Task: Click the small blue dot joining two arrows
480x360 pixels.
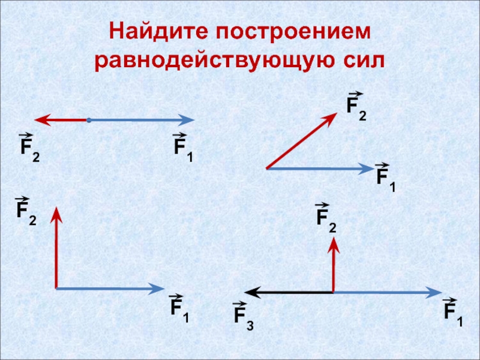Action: pyautogui.click(x=88, y=121)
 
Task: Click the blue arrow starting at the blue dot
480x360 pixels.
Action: pyautogui.click(x=142, y=121)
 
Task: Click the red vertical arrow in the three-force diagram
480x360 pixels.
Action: pyautogui.click(x=334, y=264)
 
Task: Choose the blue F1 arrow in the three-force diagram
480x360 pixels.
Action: pyautogui.click(x=387, y=292)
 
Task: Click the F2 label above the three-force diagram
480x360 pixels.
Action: pyautogui.click(x=326, y=218)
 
